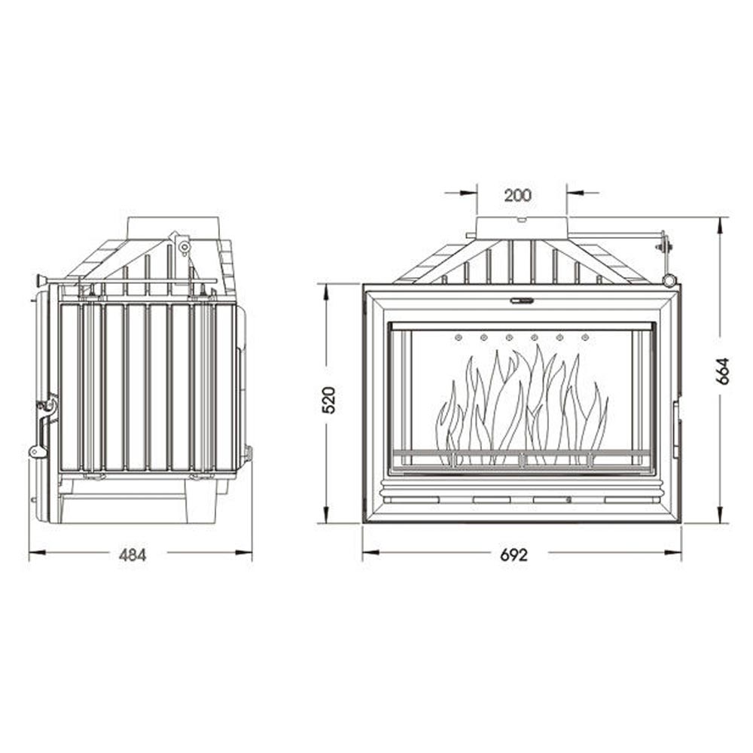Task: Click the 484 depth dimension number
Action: (x=133, y=555)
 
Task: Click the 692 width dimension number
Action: (x=514, y=555)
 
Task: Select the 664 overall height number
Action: (x=724, y=370)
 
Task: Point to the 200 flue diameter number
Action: (x=518, y=195)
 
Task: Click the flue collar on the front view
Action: (x=521, y=227)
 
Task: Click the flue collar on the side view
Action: (x=174, y=225)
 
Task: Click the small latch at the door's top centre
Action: (x=521, y=300)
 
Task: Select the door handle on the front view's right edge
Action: (x=675, y=429)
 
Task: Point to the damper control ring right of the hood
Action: (x=669, y=280)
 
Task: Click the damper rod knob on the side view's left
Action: (x=38, y=282)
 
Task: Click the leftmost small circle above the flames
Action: (x=458, y=337)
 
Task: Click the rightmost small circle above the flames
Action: (x=584, y=337)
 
